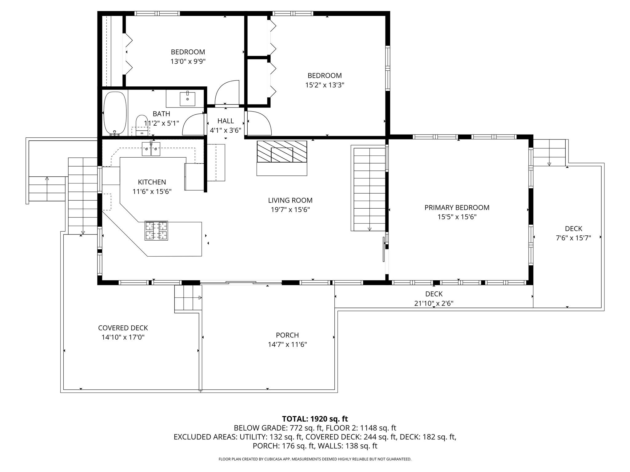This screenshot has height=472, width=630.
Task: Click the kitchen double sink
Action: click(x=151, y=149)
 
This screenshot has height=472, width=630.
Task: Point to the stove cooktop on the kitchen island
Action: click(x=157, y=230)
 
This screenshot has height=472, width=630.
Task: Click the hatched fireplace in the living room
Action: click(x=282, y=152)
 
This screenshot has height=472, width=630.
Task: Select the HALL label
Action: click(x=225, y=121)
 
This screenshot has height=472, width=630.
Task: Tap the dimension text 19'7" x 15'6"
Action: click(x=290, y=210)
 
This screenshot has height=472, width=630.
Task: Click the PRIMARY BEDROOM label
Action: click(x=457, y=208)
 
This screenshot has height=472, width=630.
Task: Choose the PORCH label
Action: click(x=287, y=335)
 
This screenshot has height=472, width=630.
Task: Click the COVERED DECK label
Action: click(x=123, y=328)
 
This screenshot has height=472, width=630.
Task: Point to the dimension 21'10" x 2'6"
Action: click(x=434, y=303)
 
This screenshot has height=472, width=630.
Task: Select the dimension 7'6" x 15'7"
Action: click(x=573, y=238)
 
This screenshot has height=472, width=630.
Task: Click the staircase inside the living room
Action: click(x=369, y=189)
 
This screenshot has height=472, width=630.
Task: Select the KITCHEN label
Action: click(x=152, y=182)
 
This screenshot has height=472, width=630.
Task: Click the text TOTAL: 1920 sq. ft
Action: click(x=315, y=419)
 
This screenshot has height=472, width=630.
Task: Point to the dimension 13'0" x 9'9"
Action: click(x=188, y=61)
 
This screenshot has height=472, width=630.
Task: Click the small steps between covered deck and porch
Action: click(x=188, y=297)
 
